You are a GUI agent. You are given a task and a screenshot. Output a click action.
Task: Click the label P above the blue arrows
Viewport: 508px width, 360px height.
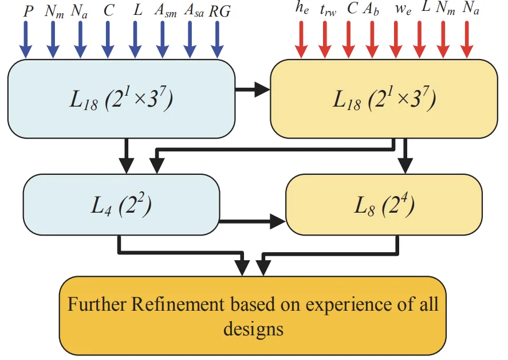(x=26, y=11)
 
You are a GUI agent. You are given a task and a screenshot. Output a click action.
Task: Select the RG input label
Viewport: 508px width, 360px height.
(x=220, y=11)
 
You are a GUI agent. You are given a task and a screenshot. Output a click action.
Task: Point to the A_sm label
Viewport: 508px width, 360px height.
(x=166, y=12)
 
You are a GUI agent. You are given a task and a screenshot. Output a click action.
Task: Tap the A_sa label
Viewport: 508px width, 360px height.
(x=194, y=12)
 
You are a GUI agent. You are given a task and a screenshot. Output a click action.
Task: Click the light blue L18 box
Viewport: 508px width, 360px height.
(x=121, y=99)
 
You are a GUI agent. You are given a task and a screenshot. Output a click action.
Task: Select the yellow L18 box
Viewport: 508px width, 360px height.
(x=383, y=99)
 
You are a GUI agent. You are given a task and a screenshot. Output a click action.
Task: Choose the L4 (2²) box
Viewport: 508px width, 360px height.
(x=121, y=205)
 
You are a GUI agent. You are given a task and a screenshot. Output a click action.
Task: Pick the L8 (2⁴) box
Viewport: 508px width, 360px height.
(x=383, y=205)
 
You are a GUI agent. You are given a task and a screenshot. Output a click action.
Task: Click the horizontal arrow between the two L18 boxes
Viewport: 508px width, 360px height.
(x=253, y=89)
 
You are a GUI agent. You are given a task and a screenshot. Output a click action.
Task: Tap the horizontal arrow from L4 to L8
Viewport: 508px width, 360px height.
(x=253, y=220)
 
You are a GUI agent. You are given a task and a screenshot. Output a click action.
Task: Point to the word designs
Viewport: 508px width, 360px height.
(x=253, y=328)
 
